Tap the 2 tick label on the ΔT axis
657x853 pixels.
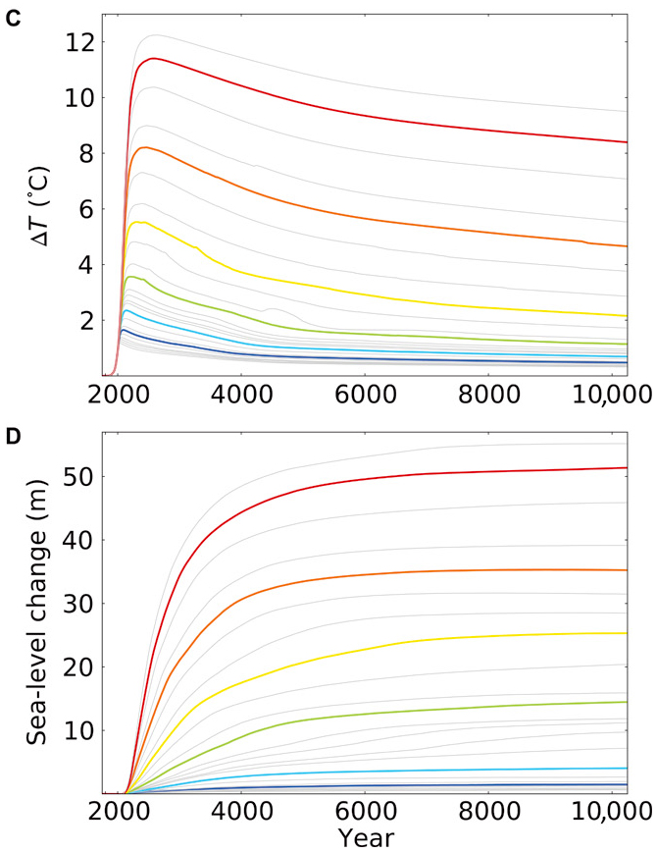[x=85, y=321]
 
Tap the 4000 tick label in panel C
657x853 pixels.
[x=241, y=397]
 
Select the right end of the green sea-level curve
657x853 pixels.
[x=627, y=702]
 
